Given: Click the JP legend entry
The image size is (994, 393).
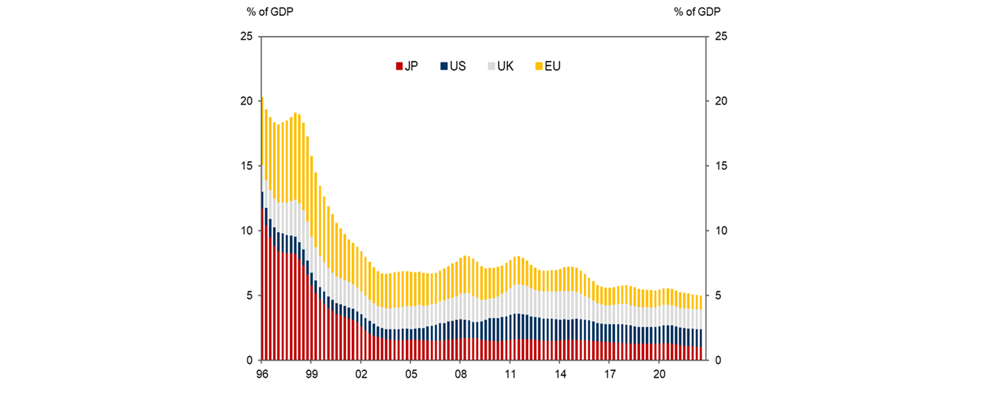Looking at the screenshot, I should click(x=407, y=66).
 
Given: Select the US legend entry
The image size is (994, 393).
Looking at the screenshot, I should click(x=454, y=66).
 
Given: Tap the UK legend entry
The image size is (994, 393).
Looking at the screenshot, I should click(x=501, y=66).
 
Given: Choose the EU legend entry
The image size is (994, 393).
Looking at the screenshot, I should click(x=548, y=66).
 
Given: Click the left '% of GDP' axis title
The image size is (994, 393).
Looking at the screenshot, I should click(x=270, y=12).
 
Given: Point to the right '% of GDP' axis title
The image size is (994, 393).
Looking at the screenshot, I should click(x=697, y=12).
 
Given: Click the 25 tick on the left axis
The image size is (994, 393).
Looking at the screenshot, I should click(x=246, y=36).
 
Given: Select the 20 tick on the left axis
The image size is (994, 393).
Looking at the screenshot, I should click(x=246, y=101).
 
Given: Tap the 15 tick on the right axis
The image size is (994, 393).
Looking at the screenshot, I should click(x=721, y=166).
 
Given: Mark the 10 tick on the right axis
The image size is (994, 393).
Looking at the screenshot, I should click(x=721, y=231).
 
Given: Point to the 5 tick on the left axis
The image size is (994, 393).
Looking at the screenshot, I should click(x=250, y=295).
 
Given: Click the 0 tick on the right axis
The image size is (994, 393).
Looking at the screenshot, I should click(x=718, y=360).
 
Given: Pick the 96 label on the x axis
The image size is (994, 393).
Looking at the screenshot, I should click(x=262, y=374).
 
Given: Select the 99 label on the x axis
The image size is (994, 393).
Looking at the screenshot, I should click(x=312, y=374).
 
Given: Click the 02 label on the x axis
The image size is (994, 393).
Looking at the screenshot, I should click(x=361, y=374).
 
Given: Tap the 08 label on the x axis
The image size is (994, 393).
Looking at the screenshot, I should click(x=461, y=374).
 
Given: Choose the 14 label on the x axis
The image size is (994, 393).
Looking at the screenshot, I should click(x=560, y=374).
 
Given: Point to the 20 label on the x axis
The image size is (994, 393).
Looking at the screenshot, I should click(x=659, y=374).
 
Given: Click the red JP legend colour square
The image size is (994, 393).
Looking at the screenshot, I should click(x=399, y=66).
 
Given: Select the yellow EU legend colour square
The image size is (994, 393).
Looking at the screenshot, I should click(x=539, y=66).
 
